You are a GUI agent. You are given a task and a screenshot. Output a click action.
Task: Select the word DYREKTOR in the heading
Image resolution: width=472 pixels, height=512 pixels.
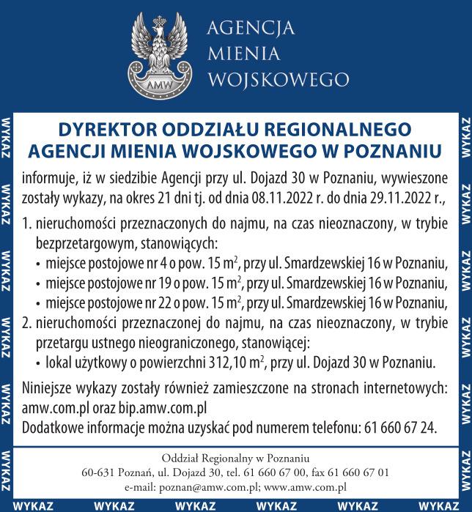point(103,129)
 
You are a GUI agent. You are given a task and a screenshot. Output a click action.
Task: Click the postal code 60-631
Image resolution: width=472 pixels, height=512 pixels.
point(97,472)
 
